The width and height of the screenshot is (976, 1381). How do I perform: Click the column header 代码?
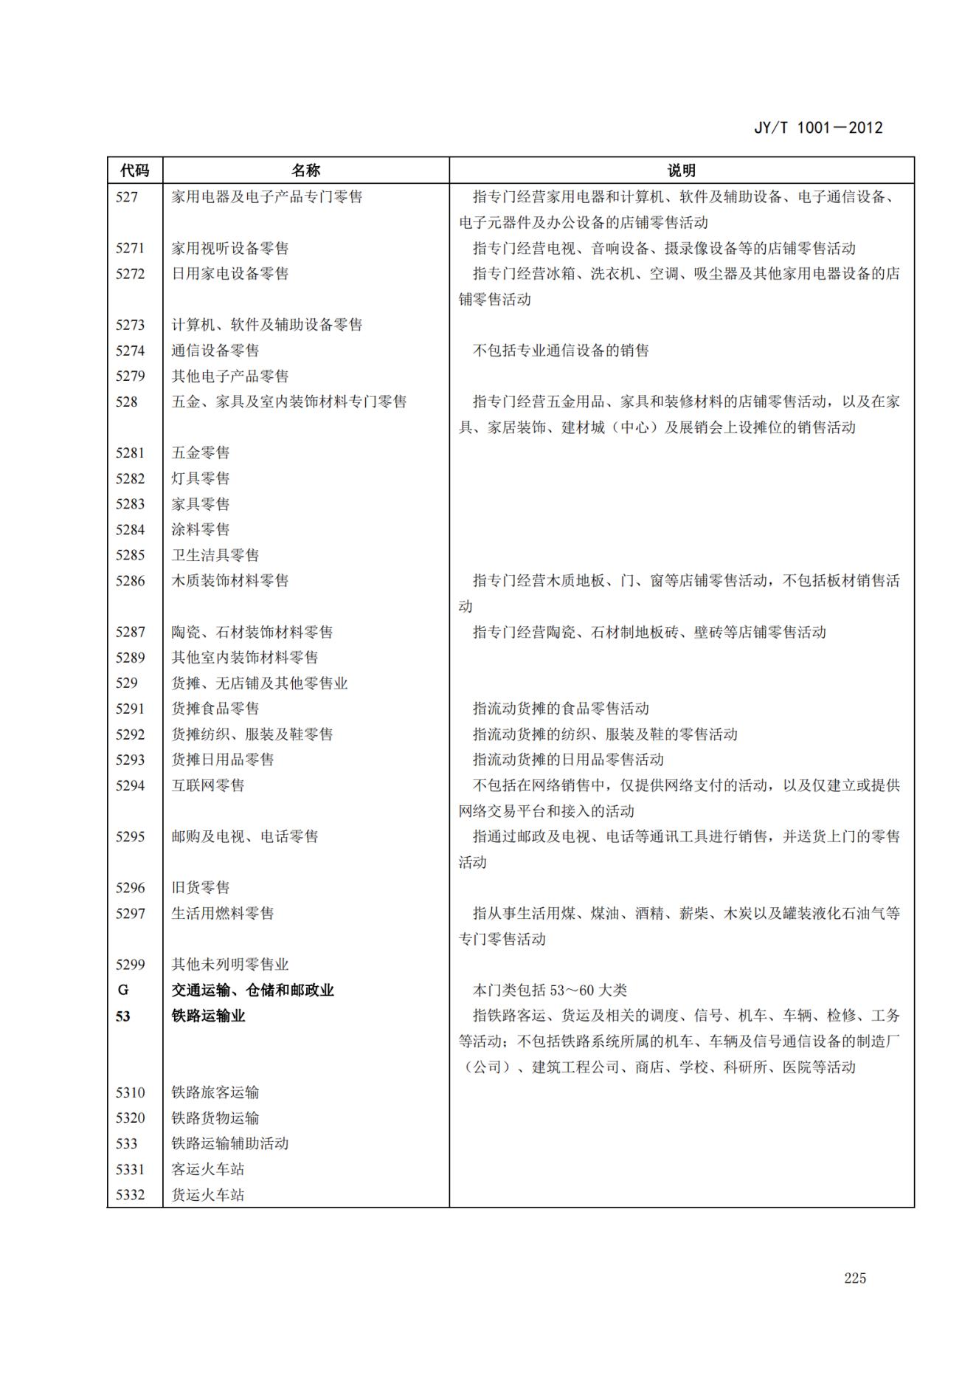(134, 171)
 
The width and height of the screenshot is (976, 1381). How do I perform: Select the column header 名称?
(305, 171)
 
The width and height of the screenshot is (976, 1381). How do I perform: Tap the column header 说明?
(681, 171)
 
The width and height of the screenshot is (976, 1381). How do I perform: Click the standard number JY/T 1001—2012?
(818, 128)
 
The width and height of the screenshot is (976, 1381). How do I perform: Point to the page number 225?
(855, 1278)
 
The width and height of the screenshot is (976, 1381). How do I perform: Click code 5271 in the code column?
(130, 248)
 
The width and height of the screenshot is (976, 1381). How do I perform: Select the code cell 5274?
(130, 351)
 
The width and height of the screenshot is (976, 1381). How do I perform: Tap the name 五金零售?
(201, 452)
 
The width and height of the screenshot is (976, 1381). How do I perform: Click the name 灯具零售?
(201, 478)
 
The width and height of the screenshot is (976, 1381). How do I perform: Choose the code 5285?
(130, 555)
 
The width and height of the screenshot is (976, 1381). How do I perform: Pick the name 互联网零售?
(208, 785)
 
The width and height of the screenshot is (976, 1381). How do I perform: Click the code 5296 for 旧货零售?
(130, 888)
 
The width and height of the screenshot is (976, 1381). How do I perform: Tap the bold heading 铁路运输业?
(208, 1016)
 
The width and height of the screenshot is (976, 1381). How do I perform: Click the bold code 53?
(122, 1016)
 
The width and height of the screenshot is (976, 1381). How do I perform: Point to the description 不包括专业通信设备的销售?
(561, 351)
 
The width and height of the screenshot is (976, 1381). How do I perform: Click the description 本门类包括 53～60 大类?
(550, 991)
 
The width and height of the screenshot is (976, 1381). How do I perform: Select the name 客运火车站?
(208, 1169)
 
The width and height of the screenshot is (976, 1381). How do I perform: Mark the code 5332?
(130, 1195)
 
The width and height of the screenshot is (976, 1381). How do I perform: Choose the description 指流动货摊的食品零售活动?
(561, 709)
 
